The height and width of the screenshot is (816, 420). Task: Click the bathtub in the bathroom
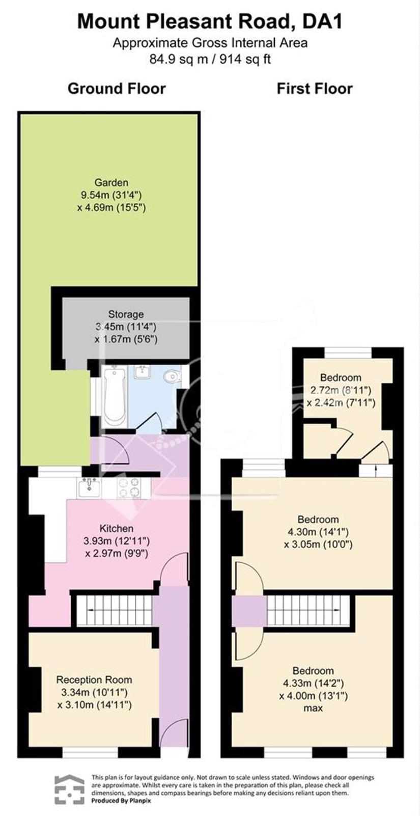[114, 397]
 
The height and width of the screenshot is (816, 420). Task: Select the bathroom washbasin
[143, 372]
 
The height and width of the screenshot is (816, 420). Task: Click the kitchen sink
[89, 488]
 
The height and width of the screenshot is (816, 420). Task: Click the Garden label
[111, 182]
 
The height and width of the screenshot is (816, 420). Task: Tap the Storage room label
[126, 314]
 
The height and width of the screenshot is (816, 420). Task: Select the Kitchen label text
[117, 528]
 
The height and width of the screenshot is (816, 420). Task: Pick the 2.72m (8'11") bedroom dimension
[341, 391]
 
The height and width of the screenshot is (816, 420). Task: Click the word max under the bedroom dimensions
[313, 709]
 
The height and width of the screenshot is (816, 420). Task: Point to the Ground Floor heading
[117, 89]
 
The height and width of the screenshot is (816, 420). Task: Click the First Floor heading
[315, 89]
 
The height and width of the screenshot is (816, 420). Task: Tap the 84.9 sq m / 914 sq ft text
[210, 59]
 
